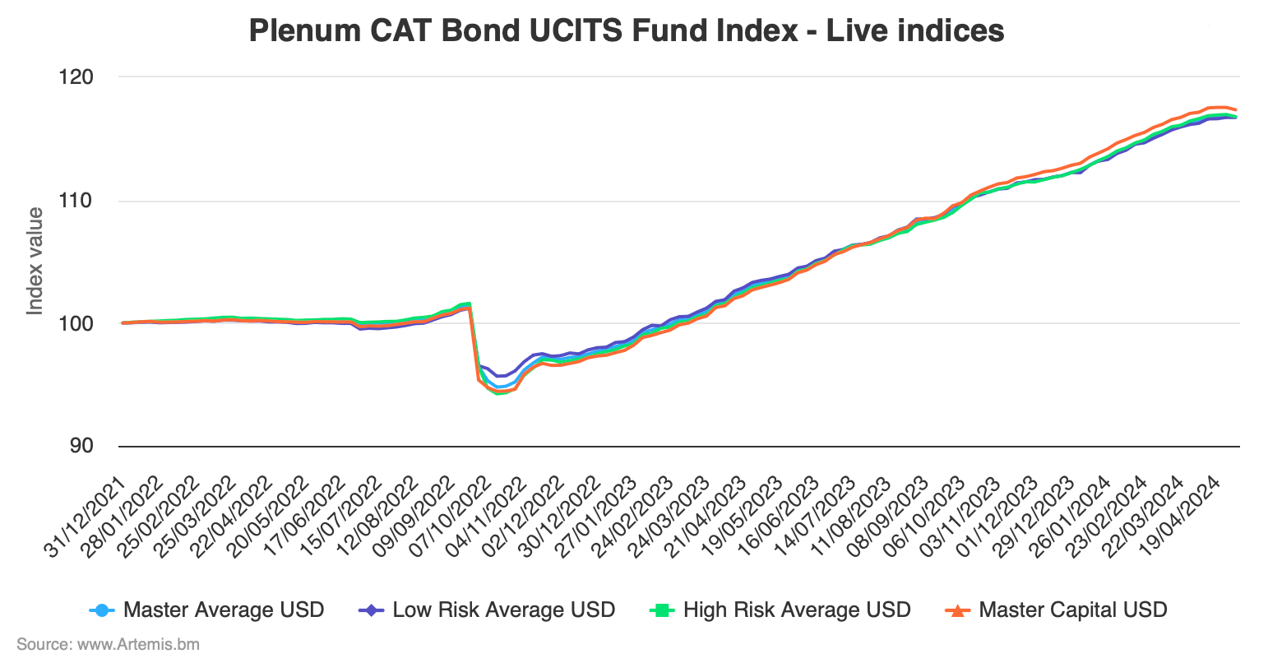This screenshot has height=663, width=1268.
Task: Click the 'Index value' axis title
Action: [x=35, y=261]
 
